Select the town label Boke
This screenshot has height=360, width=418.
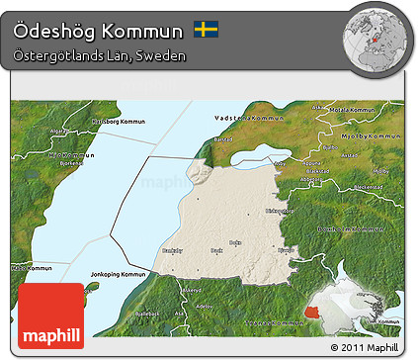coord(233,241)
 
